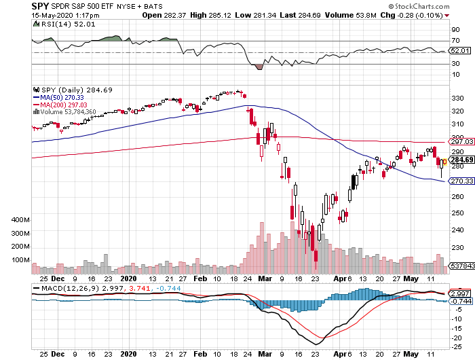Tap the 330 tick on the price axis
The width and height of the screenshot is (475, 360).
point(456,98)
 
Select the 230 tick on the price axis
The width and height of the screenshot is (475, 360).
point(456,248)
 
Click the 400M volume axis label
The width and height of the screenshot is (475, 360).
point(20,221)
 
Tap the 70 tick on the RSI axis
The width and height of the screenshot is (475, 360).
point(454,41)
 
